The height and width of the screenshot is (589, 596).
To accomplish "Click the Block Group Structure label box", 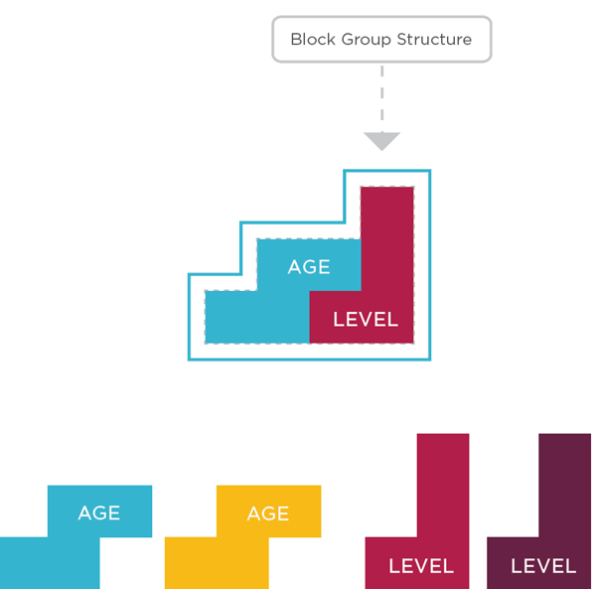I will (x=381, y=40).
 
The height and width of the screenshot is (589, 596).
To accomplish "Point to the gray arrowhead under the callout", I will (x=381, y=141).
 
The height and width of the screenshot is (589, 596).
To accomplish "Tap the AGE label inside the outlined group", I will (x=309, y=267).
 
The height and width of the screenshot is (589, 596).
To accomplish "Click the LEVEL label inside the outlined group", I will (x=365, y=319).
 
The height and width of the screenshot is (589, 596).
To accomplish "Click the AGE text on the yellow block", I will (x=268, y=514).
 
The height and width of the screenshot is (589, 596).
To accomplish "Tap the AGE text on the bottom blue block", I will (x=99, y=514).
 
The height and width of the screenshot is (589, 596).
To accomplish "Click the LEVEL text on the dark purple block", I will (x=543, y=566).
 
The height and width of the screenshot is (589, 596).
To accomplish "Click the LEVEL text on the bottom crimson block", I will (x=421, y=566).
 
